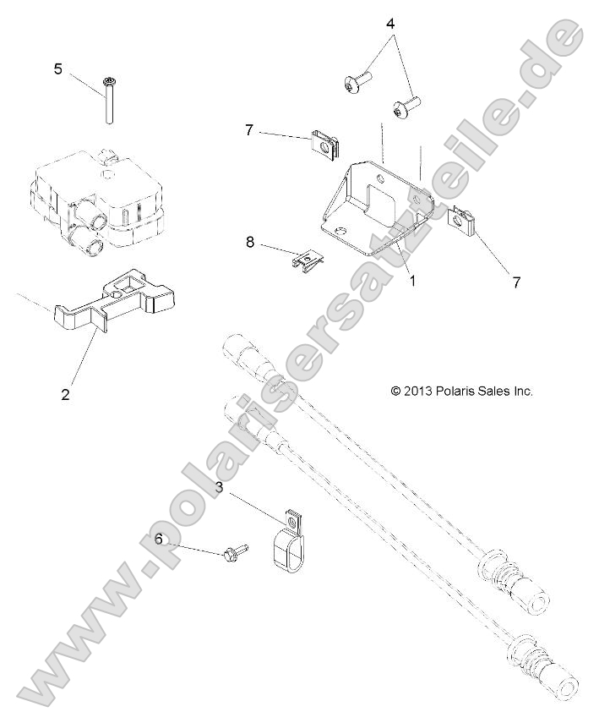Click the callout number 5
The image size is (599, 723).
(57, 68)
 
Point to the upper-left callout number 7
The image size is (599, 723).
(249, 130)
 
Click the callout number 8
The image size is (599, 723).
(250, 243)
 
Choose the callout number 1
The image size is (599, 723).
(412, 282)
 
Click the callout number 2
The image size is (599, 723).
(65, 393)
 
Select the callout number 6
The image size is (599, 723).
(157, 538)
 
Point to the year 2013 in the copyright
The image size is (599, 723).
(420, 391)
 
